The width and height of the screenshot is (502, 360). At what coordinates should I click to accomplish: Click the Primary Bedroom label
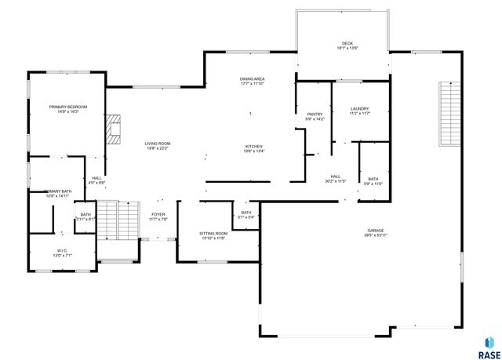(68, 107)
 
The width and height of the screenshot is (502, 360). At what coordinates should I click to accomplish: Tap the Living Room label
(157, 144)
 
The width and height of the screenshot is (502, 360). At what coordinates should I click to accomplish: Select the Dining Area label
(252, 79)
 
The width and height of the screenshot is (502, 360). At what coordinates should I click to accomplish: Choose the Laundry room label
(359, 109)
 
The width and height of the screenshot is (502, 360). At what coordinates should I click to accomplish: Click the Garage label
(374, 231)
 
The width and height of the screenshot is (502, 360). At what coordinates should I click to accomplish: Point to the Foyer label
(158, 214)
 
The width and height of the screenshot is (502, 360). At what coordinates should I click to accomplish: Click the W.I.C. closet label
(61, 251)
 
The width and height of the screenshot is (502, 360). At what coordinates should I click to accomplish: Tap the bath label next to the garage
(373, 180)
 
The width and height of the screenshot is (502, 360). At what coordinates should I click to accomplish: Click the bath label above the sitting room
(246, 213)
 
